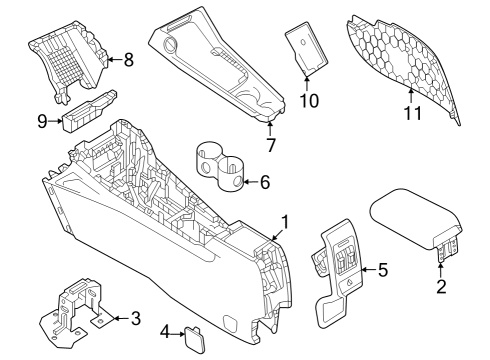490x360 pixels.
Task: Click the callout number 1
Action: pos(285,221)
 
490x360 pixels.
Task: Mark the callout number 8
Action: pos(127,60)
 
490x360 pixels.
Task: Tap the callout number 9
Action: pos(43,121)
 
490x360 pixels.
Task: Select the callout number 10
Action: pos(308,100)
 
